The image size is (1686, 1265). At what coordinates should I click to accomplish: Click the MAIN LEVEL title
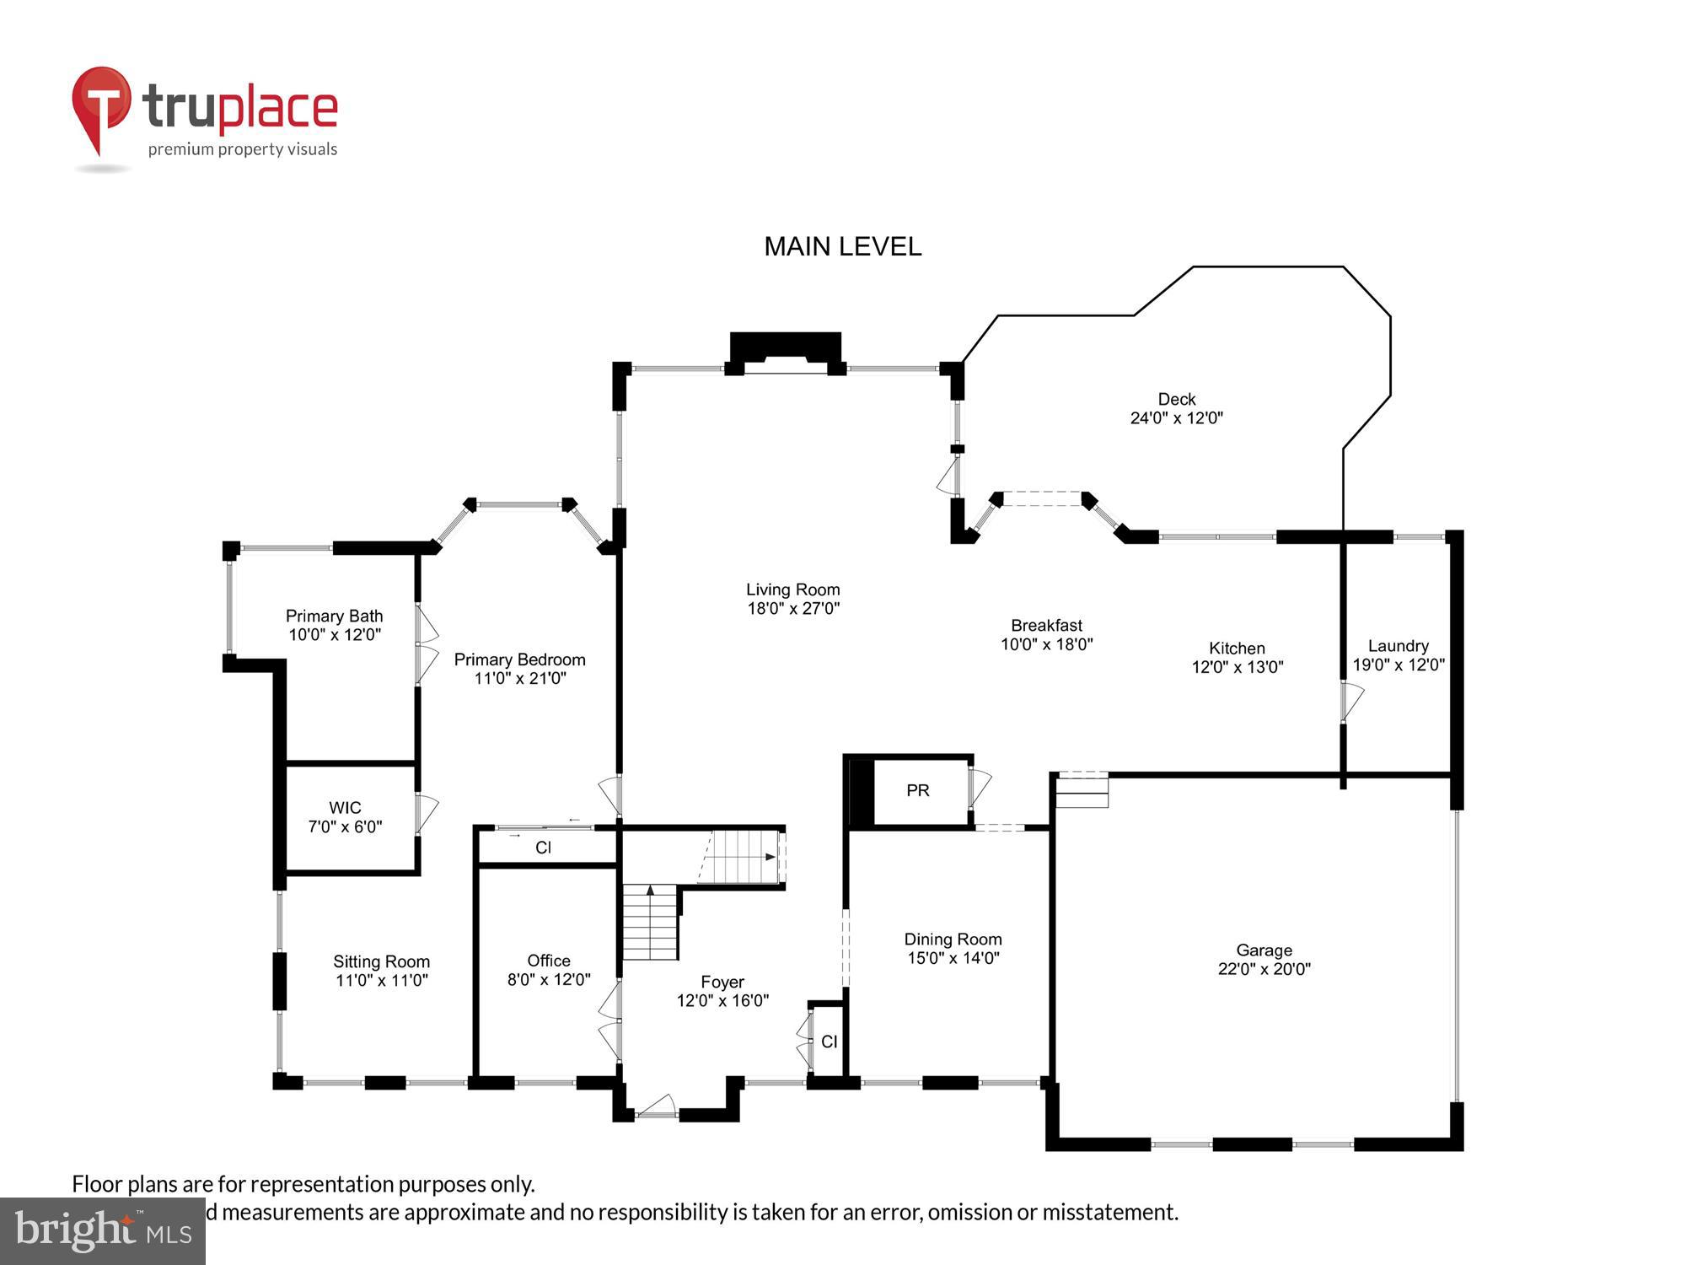coord(842,246)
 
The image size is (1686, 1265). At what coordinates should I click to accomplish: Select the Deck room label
coord(1176,399)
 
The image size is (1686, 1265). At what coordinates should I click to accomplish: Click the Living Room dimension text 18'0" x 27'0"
coord(792,608)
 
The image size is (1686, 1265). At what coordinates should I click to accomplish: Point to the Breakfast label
coord(1046,625)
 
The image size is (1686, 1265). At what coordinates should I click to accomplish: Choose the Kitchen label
coord(1237,648)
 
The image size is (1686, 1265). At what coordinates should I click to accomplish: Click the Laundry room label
coord(1398,646)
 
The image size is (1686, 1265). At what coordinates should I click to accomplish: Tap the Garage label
coord(1264,950)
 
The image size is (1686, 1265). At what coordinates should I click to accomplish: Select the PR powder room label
coord(917,790)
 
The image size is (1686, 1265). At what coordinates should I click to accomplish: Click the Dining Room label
coord(953,939)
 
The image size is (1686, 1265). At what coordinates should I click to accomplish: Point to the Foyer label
coord(722,982)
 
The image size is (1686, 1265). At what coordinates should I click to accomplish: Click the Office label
coord(548,961)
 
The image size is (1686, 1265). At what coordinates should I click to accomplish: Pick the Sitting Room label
coord(381,961)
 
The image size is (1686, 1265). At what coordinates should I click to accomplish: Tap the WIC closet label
coord(345,808)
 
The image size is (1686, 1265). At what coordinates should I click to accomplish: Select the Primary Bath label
coord(334,616)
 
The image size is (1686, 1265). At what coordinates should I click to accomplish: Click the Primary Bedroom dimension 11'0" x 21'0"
coord(519,678)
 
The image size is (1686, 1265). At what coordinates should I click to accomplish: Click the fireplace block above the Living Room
coord(785,347)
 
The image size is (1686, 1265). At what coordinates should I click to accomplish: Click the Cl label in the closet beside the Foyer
coord(829,1042)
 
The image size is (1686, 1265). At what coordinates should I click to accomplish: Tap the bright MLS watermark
coord(102,1231)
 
